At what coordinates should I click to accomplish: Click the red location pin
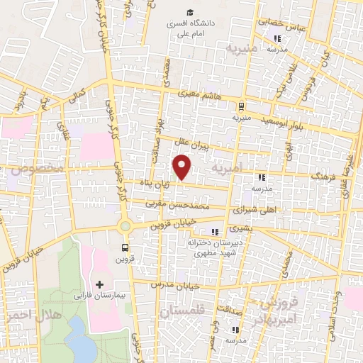coord(182,166)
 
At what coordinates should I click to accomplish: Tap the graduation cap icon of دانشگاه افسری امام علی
coord(189,12)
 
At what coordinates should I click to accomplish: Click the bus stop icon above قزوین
coord(125,247)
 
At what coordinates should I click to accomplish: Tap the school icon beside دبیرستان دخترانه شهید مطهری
coord(213,232)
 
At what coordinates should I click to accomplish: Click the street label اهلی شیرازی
coord(253,211)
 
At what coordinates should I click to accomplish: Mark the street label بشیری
coord(242,230)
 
